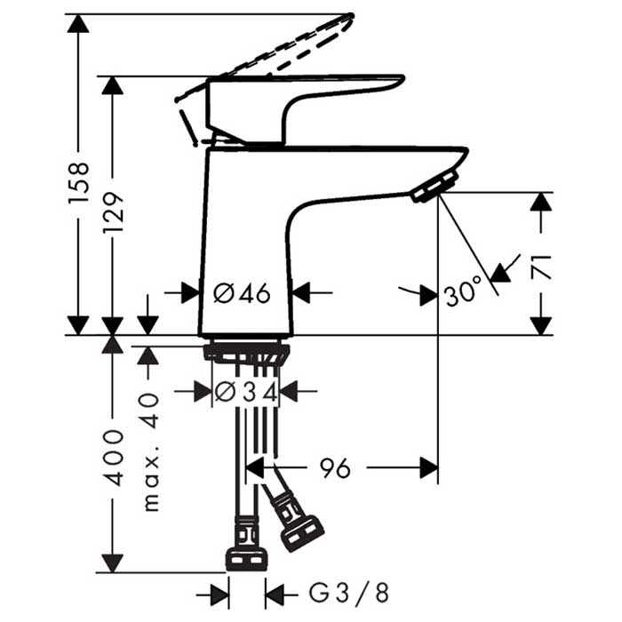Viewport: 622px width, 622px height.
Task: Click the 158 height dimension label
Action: (79, 183)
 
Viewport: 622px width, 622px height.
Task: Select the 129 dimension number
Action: (113, 212)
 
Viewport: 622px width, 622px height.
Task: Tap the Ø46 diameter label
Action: (242, 291)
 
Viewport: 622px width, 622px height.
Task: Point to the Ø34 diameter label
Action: (246, 390)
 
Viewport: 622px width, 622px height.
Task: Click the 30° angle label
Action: (463, 291)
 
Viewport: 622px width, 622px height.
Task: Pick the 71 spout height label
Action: (542, 266)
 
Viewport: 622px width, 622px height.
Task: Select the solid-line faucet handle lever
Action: (293, 98)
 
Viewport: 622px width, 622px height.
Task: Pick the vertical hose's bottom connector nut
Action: (246, 557)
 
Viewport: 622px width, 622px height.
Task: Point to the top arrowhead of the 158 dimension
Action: (79, 23)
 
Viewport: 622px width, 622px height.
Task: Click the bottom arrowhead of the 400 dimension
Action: (113, 562)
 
